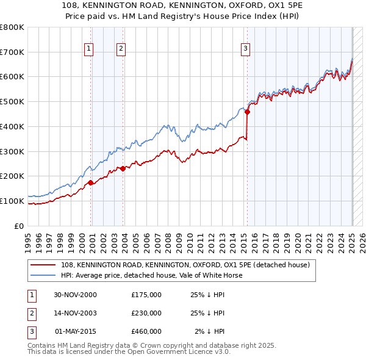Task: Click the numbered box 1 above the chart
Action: pyautogui.click(x=89, y=49)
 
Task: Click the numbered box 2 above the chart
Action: pyautogui.click(x=121, y=49)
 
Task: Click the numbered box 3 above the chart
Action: pyautogui.click(x=245, y=49)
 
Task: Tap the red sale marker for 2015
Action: pyautogui.click(x=248, y=112)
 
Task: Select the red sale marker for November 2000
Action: pyautogui.click(x=91, y=182)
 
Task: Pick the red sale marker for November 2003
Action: pyautogui.click(x=123, y=168)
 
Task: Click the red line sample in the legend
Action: pyautogui.click(x=44, y=265)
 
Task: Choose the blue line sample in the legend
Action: pyautogui.click(x=44, y=275)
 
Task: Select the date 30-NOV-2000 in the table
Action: pyautogui.click(x=74, y=295)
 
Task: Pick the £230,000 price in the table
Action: pyautogui.click(x=146, y=313)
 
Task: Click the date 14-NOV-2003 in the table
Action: pyautogui.click(x=74, y=313)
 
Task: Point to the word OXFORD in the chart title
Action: pyautogui.click(x=213, y=5)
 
